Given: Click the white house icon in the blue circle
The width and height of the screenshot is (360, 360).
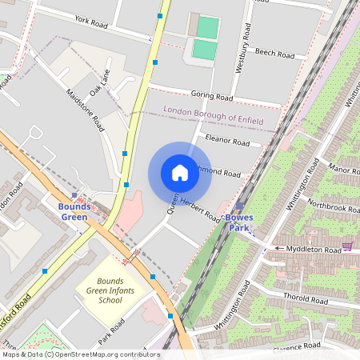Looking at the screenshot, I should point(179,173).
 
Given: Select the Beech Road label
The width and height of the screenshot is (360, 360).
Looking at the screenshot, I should point(275,53).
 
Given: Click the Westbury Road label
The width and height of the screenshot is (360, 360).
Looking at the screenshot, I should point(246,48).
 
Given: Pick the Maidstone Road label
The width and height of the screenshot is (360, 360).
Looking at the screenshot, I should point(85,110).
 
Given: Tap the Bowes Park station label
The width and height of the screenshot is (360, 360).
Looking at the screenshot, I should point(239,222).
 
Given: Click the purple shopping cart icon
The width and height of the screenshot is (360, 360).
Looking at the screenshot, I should point(347,246).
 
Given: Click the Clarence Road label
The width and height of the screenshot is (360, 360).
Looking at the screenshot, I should point(297,346).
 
